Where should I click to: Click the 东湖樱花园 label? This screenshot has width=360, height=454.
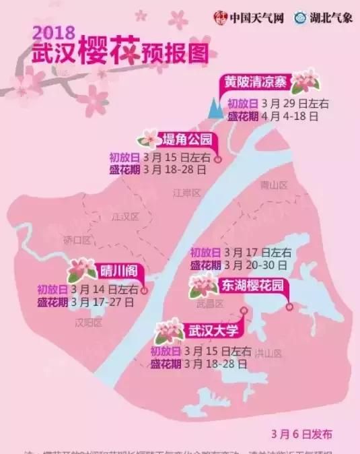253,286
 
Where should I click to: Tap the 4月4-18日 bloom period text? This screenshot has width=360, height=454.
289,115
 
